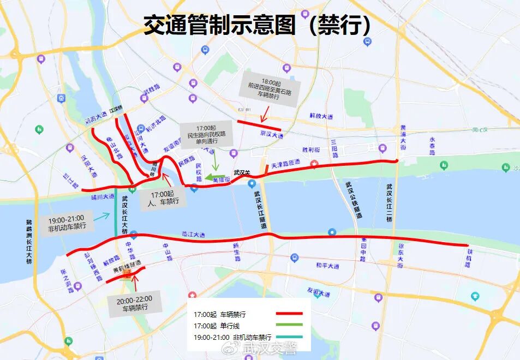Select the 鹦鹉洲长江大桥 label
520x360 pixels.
tap(29, 242)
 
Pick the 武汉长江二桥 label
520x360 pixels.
tap(389, 203)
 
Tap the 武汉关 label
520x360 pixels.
tap(242, 173)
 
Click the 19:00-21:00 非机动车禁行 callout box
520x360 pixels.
tap(67, 222)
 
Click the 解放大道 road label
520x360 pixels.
tap(321, 116)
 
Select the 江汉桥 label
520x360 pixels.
tap(116, 110)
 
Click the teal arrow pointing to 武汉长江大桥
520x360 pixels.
tap(101, 217)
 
